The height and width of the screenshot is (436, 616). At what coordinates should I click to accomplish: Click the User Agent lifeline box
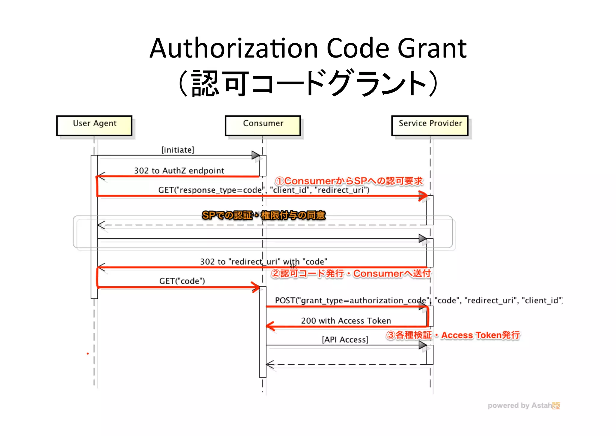click(x=94, y=125)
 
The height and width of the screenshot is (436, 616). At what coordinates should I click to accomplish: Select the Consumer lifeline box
click(x=263, y=125)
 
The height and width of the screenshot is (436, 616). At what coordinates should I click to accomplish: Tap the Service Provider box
click(x=430, y=125)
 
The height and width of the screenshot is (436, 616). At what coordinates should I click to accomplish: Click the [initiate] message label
click(x=178, y=150)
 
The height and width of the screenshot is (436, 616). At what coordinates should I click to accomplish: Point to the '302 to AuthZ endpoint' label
click(x=179, y=171)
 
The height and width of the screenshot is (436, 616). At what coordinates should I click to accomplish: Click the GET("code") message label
click(x=182, y=281)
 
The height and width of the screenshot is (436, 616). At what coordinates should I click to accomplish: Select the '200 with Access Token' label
click(x=346, y=321)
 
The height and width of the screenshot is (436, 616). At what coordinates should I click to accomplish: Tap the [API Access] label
click(x=345, y=340)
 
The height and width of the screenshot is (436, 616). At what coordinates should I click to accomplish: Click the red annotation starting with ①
click(x=349, y=181)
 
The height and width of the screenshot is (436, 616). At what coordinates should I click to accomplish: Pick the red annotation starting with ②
click(x=351, y=274)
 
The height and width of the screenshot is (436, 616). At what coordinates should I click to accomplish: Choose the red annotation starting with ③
click(x=453, y=335)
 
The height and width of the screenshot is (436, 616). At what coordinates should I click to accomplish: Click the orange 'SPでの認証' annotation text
click(x=263, y=215)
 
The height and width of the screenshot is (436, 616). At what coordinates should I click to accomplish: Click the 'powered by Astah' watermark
click(x=523, y=406)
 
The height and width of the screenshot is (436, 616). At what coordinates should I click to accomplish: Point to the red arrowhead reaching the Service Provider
click(x=423, y=196)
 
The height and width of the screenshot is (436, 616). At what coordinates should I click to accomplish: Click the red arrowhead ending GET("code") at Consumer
click(x=256, y=287)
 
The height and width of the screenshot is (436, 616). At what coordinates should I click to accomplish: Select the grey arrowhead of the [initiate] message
click(x=256, y=155)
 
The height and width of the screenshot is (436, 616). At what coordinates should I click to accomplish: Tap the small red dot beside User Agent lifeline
click(x=88, y=353)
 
